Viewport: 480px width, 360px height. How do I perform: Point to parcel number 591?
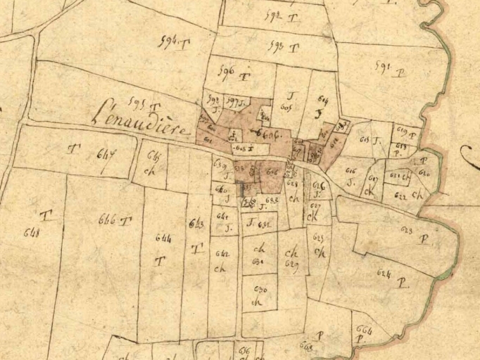click(x=384, y=67)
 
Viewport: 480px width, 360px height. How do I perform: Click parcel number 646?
click(x=107, y=219)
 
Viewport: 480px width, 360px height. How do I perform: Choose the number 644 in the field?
click(x=161, y=239)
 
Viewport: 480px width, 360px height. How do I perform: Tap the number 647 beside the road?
click(x=106, y=154)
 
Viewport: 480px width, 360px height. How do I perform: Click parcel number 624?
click(x=385, y=272)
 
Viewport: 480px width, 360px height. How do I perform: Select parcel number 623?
click(x=407, y=229)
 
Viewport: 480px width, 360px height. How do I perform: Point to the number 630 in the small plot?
click(x=259, y=289)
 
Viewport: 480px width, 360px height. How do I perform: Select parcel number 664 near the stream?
click(x=364, y=329)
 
